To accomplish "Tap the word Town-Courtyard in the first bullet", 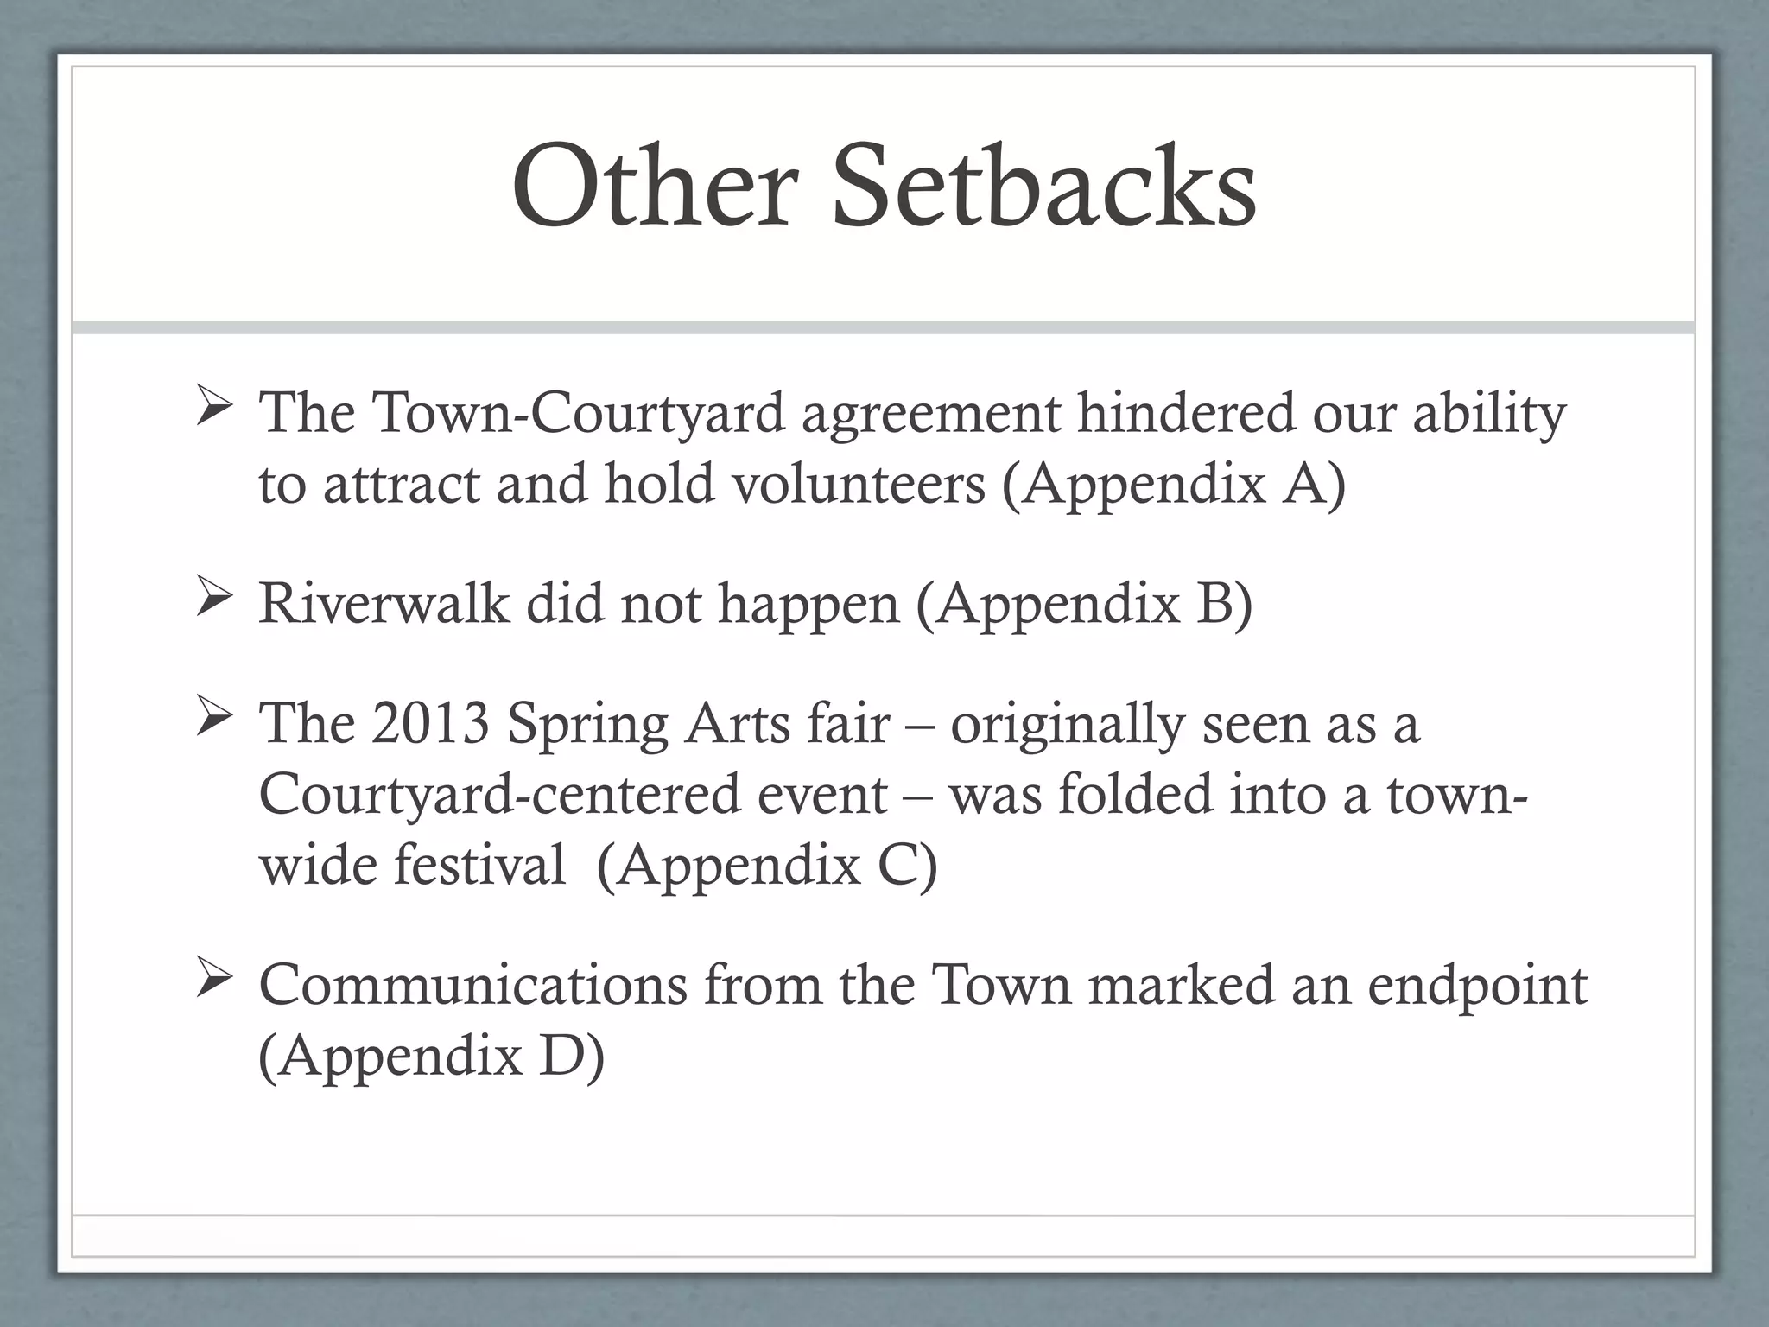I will coord(579,413).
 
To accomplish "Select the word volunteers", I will coord(859,484).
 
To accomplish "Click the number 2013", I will coord(430,723).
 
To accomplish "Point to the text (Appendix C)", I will coord(767,866).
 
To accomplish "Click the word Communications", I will coord(472,985).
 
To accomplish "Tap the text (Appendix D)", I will coord(432,1057).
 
